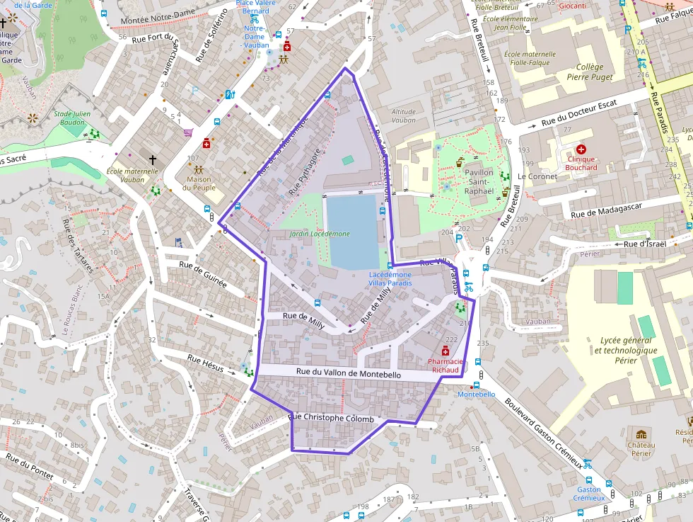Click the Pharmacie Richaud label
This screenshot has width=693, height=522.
[445, 365]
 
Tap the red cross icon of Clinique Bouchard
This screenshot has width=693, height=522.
[581, 149]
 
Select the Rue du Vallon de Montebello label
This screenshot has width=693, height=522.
[348, 373]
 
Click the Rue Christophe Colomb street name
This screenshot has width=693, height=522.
[332, 419]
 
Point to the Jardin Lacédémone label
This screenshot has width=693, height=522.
[319, 234]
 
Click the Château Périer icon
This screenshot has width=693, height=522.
[641, 434]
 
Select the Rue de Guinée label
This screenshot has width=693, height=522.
[203, 274]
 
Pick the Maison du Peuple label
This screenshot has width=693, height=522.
[198, 183]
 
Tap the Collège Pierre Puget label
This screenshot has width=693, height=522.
[589, 72]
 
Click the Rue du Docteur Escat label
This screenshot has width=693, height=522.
[579, 113]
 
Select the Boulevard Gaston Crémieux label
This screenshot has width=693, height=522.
[544, 433]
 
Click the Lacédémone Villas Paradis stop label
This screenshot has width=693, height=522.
[390, 278]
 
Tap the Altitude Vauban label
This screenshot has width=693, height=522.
[404, 115]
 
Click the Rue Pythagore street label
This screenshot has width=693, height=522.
[305, 171]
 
